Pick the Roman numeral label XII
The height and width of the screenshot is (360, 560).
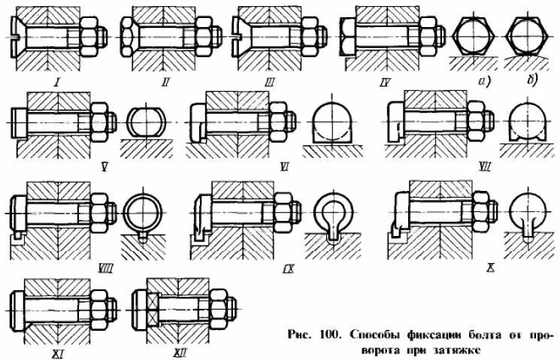click(178, 342)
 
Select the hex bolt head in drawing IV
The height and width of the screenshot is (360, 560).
click(349, 35)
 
